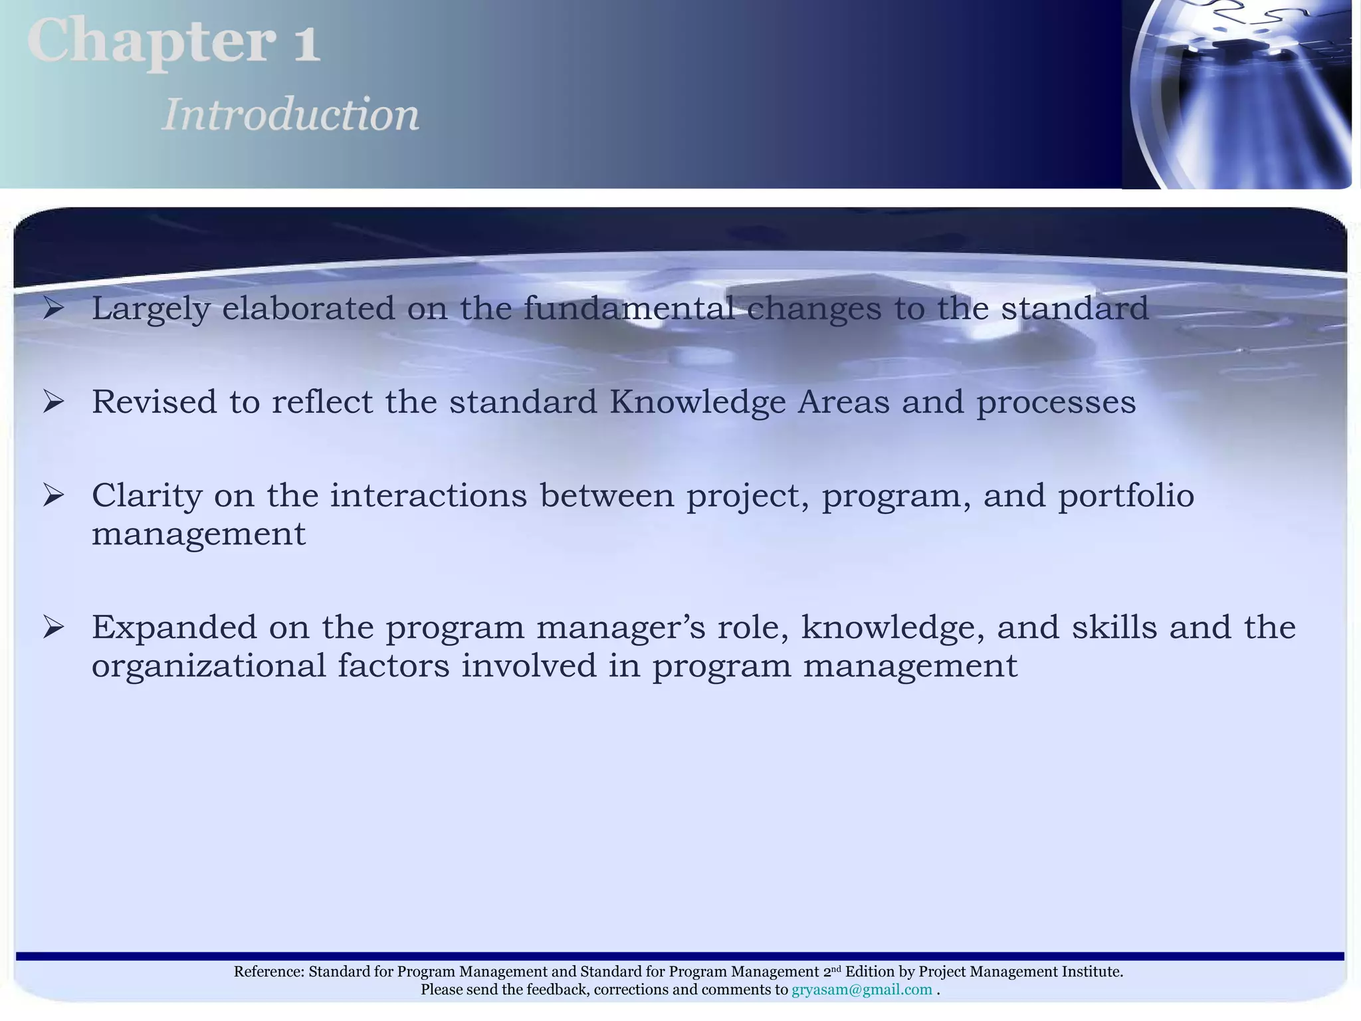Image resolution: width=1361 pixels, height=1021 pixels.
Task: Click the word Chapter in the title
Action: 152,41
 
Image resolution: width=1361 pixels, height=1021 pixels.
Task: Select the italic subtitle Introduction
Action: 291,114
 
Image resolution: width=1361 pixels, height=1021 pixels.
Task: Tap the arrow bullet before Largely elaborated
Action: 53,308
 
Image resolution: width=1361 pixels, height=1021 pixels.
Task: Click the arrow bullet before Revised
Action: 53,402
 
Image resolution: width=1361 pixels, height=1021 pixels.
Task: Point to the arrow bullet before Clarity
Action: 53,496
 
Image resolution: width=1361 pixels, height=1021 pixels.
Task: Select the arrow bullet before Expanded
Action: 53,627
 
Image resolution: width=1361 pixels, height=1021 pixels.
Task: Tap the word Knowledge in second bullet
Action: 697,402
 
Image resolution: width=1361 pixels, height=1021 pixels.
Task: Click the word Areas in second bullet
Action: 843,402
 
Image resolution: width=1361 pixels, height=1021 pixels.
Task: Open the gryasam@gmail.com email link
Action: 861,990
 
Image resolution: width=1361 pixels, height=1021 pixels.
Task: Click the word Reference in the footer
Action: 268,972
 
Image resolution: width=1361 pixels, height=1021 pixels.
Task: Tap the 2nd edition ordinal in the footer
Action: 831,971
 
